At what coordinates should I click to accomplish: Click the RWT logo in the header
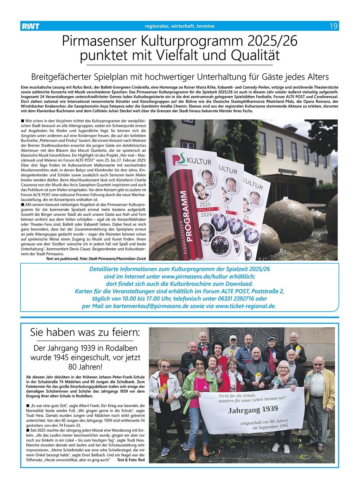tap(31, 26)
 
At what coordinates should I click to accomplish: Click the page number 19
tap(333, 26)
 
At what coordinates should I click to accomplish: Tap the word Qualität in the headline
tap(255, 56)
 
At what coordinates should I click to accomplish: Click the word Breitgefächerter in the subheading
tap(61, 77)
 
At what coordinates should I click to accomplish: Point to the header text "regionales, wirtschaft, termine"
tap(179, 26)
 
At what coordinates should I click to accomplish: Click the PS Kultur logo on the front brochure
tap(192, 160)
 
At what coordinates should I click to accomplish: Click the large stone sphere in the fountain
tap(288, 220)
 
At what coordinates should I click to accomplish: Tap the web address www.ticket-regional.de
tap(245, 306)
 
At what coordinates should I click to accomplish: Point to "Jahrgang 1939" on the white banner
tap(253, 410)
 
